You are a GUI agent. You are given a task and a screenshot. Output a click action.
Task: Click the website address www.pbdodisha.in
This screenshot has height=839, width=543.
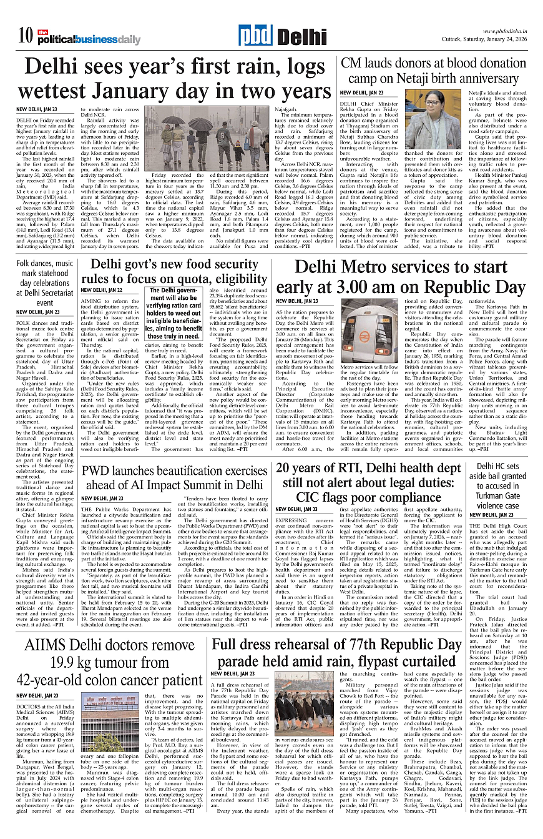point(506,32)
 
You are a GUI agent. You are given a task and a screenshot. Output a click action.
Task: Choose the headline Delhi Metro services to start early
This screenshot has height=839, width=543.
point(401,277)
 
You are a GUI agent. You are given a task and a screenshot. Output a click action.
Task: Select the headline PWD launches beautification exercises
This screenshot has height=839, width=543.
point(174,477)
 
